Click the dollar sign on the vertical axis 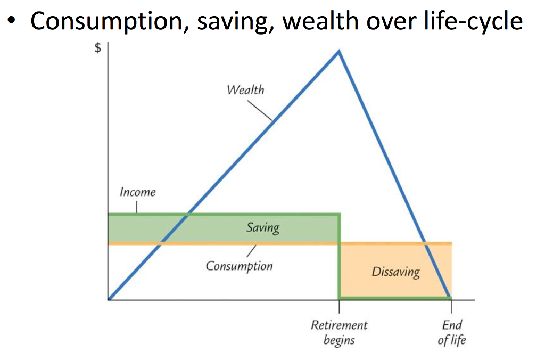(97, 48)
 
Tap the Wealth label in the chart (245, 89)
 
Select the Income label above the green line (137, 192)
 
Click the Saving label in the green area (263, 228)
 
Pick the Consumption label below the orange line (239, 266)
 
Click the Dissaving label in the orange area (395, 272)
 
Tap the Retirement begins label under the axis (339, 332)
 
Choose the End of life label (452, 332)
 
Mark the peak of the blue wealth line (338, 51)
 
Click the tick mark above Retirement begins (339, 307)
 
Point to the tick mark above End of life (452, 307)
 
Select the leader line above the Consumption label (252, 250)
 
